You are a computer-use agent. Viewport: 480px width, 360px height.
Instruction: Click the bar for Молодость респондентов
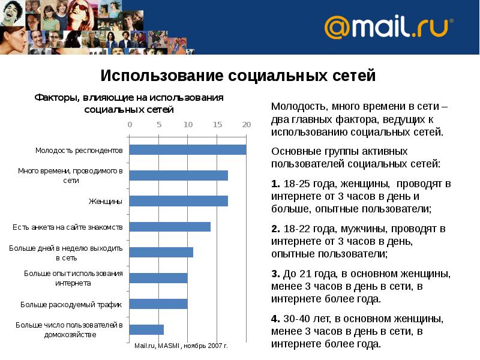(187, 150)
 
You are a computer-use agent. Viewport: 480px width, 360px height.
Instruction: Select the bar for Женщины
(178, 201)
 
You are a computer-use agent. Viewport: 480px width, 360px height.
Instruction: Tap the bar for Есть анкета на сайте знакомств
(170, 227)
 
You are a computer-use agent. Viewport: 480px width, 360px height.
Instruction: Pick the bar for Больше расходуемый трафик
(158, 304)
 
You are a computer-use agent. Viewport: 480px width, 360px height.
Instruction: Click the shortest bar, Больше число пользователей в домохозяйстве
(146, 329)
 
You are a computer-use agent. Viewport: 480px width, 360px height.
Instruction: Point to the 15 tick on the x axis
(217, 125)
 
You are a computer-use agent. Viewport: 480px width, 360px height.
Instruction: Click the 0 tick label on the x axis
(130, 125)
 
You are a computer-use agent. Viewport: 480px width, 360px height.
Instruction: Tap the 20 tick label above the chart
(245, 125)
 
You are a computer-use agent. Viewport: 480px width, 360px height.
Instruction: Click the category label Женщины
(106, 201)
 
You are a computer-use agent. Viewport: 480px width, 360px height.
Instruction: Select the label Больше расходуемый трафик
(71, 304)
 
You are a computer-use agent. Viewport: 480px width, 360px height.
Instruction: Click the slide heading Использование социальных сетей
(238, 76)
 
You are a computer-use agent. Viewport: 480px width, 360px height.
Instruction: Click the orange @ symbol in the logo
(337, 28)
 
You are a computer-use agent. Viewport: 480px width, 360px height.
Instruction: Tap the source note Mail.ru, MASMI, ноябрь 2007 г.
(181, 346)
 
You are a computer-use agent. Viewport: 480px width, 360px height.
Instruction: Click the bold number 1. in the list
(275, 184)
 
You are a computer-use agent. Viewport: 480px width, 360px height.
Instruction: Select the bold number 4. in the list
(275, 318)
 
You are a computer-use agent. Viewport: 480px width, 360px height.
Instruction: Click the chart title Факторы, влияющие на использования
(129, 98)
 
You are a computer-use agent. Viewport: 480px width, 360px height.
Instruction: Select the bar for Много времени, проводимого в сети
(178, 175)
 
